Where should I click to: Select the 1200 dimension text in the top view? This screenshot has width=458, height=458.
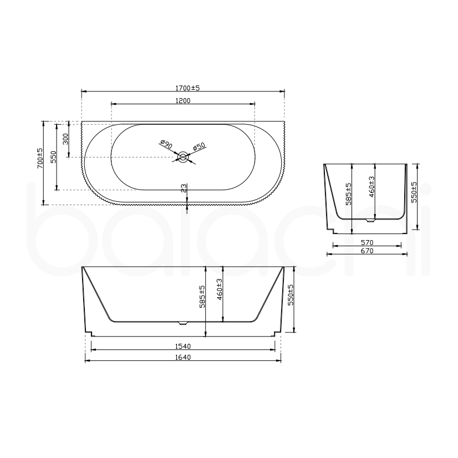click(x=183, y=100)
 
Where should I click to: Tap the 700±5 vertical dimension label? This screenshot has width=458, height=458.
click(x=40, y=158)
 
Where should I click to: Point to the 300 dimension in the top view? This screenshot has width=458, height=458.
click(x=65, y=139)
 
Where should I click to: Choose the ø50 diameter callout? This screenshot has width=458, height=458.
click(x=199, y=146)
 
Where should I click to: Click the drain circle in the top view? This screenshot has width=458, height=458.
click(x=183, y=158)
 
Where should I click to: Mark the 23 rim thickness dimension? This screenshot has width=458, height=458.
click(x=184, y=189)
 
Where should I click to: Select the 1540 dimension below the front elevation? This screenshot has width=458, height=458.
click(x=183, y=345)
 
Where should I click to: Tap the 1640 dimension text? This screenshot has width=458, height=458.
click(x=183, y=358)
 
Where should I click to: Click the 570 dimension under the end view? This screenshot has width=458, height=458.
click(x=368, y=242)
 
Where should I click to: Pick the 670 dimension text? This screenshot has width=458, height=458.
click(x=368, y=251)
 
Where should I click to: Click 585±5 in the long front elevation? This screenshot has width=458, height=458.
click(x=203, y=296)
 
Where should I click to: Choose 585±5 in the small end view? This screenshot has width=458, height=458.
click(x=348, y=194)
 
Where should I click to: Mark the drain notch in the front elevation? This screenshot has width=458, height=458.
click(x=183, y=322)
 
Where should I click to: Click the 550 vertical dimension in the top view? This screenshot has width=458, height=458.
click(x=53, y=157)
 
